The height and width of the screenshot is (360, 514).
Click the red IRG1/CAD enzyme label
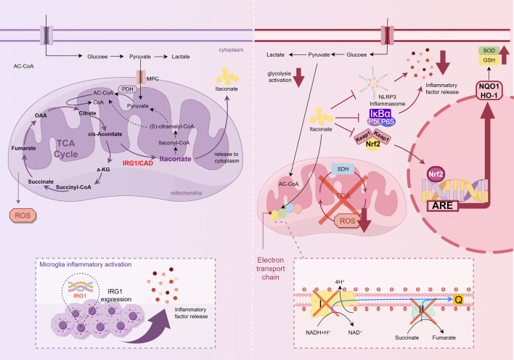click(138, 163)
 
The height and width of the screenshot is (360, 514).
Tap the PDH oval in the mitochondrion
click(128, 89)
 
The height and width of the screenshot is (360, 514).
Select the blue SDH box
click(343, 169)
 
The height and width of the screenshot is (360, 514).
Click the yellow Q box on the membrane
click(458, 299)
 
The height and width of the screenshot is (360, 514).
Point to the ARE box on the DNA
click(442, 205)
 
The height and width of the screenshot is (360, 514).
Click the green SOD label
click(489, 51)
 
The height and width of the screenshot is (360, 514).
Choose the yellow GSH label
click(489, 60)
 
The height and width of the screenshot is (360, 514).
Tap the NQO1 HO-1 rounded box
click(489, 91)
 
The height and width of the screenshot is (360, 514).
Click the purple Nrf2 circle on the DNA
click(436, 174)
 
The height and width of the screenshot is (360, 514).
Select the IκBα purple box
click(380, 113)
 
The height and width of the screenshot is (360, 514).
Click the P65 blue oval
click(388, 122)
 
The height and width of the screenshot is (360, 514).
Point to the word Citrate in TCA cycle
click(88, 113)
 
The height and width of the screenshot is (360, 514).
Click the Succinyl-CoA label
click(73, 187)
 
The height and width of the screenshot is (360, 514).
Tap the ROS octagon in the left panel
click(23, 216)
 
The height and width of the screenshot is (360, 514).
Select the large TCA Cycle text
click(66, 149)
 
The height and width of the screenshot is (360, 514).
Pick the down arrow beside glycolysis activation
click(298, 78)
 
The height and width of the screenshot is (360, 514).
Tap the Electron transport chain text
click(271, 269)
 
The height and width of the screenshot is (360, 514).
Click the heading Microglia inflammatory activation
click(86, 264)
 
